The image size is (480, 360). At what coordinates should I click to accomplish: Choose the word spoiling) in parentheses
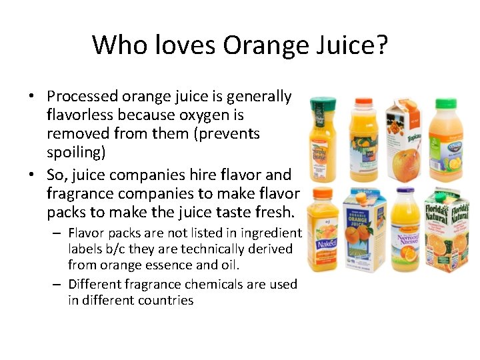click(76, 153)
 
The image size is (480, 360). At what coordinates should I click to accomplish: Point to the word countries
click(165, 300)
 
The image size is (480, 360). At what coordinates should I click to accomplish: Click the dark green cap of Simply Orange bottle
click(323, 101)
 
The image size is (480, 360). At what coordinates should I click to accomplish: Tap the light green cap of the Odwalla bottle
click(445, 104)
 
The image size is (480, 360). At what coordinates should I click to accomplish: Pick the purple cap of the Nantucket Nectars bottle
click(405, 192)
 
